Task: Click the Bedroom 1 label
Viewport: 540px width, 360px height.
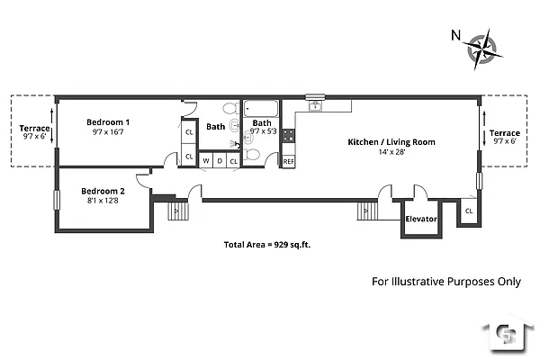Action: click(x=108, y=122)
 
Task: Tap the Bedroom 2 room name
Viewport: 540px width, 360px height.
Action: click(x=103, y=191)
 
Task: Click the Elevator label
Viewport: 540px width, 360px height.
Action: click(x=421, y=219)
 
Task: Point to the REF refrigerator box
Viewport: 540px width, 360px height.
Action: click(x=288, y=161)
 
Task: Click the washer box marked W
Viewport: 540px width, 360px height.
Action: click(x=205, y=161)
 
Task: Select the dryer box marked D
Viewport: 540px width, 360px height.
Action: click(x=219, y=161)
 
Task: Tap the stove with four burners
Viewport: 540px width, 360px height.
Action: click(x=289, y=137)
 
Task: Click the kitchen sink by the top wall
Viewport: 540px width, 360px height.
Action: click(x=315, y=105)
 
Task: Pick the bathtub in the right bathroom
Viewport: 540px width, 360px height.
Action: click(x=262, y=108)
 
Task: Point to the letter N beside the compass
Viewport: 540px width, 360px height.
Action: click(x=456, y=36)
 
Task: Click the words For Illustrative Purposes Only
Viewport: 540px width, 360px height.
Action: click(x=446, y=281)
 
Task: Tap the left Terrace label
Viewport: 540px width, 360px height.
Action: click(x=35, y=129)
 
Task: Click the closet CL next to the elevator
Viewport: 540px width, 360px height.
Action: click(x=469, y=211)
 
